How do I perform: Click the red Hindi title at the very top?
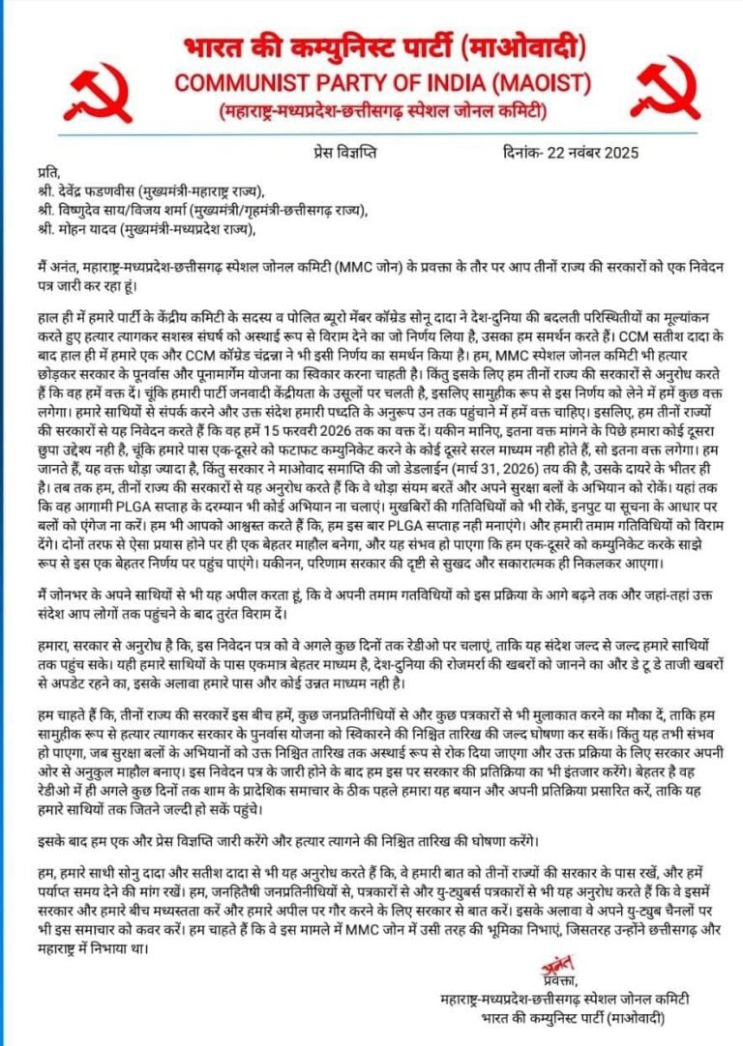point(371,46)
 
